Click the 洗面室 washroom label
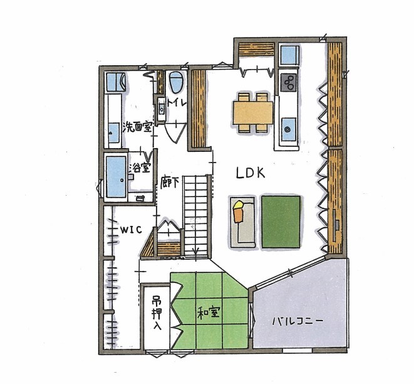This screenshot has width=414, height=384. click(138, 127)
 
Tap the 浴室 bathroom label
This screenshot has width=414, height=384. click(140, 168)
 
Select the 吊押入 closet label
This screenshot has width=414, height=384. click(156, 313)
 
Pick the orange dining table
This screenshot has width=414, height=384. click(253, 113)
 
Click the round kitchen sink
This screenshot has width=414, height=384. click(288, 129)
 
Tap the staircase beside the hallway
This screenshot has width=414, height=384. click(195, 213)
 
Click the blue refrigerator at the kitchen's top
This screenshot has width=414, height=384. click(289, 55)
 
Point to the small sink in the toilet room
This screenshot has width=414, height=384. click(161, 109)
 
